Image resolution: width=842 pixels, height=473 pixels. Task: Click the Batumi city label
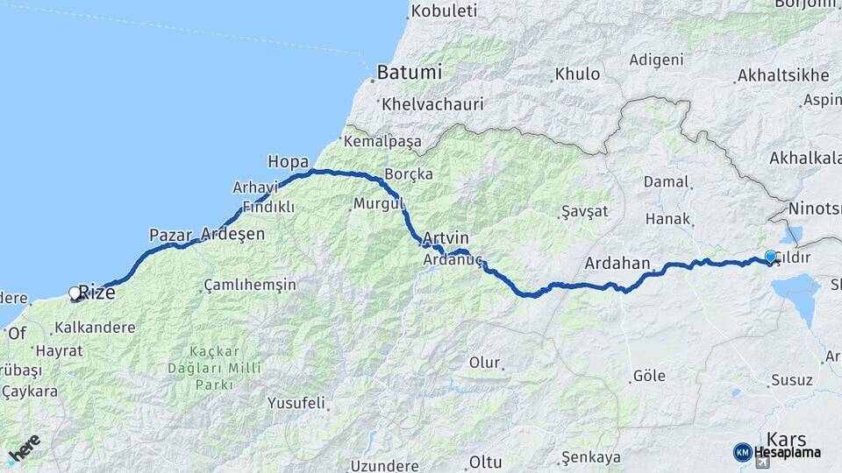click(409, 72)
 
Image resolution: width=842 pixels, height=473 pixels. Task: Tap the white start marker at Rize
click(75, 293)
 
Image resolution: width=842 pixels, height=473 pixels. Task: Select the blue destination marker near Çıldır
click(770, 257)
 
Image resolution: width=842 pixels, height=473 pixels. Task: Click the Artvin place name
click(445, 238)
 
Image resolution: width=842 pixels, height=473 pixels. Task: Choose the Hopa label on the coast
click(288, 161)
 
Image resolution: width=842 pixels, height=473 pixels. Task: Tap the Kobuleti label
click(443, 11)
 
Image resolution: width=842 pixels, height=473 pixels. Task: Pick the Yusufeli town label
click(296, 404)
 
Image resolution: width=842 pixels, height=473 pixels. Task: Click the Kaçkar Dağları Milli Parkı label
click(214, 368)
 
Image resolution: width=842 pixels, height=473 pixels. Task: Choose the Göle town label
click(649, 377)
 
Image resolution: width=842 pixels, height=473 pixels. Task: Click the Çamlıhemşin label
click(250, 285)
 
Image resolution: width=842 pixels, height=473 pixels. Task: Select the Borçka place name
click(409, 174)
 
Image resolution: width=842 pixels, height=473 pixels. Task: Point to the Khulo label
click(578, 74)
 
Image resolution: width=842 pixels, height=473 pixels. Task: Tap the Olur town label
click(484, 363)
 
